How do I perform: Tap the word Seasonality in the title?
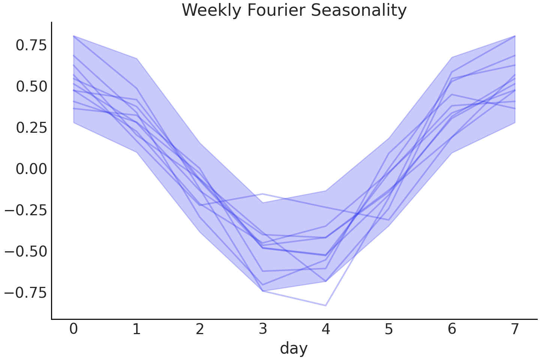point(359,10)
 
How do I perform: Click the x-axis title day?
point(294,348)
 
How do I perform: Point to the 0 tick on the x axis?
point(73,329)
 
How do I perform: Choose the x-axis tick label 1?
point(136,329)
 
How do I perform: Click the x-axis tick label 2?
point(199,329)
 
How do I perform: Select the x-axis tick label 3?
point(262,329)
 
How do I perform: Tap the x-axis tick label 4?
point(325,329)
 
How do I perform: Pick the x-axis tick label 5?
point(389,329)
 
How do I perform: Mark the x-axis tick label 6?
point(452,329)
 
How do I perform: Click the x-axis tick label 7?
point(515,329)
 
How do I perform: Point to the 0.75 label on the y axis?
point(31,45)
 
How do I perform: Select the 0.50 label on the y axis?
point(31,87)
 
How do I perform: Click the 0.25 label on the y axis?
point(31,128)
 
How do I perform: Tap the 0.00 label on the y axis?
point(31,169)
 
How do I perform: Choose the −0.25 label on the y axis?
point(26,210)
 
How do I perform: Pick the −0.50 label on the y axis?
point(26,251)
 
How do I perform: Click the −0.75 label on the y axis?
point(26,292)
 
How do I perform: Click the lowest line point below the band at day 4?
point(325,306)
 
